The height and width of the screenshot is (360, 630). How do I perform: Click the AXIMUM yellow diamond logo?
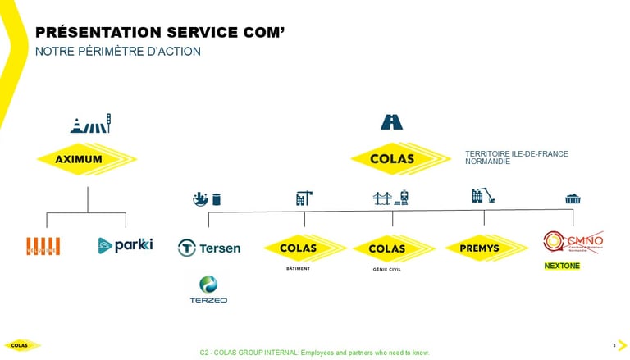tap(86, 159)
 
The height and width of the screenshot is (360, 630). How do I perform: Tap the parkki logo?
tap(125, 244)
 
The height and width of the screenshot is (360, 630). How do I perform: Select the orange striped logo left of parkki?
tap(43, 245)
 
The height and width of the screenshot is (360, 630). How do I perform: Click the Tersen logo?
tap(209, 248)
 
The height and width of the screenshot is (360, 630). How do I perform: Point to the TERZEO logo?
tap(208, 289)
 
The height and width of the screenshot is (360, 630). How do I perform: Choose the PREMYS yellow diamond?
tap(485, 248)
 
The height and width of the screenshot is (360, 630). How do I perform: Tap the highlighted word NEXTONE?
tap(562, 267)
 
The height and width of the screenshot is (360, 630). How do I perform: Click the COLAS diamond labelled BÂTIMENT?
tap(304, 248)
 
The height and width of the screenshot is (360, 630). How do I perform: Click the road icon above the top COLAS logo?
tap(391, 121)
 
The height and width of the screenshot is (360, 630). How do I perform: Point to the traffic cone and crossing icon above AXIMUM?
tap(90, 125)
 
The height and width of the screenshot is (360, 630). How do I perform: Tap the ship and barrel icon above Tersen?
tap(205, 198)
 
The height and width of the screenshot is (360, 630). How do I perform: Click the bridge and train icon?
tap(391, 197)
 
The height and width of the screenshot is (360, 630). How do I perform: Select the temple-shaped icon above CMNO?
tap(573, 199)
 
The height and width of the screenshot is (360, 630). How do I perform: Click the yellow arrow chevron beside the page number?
tap(621, 344)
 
